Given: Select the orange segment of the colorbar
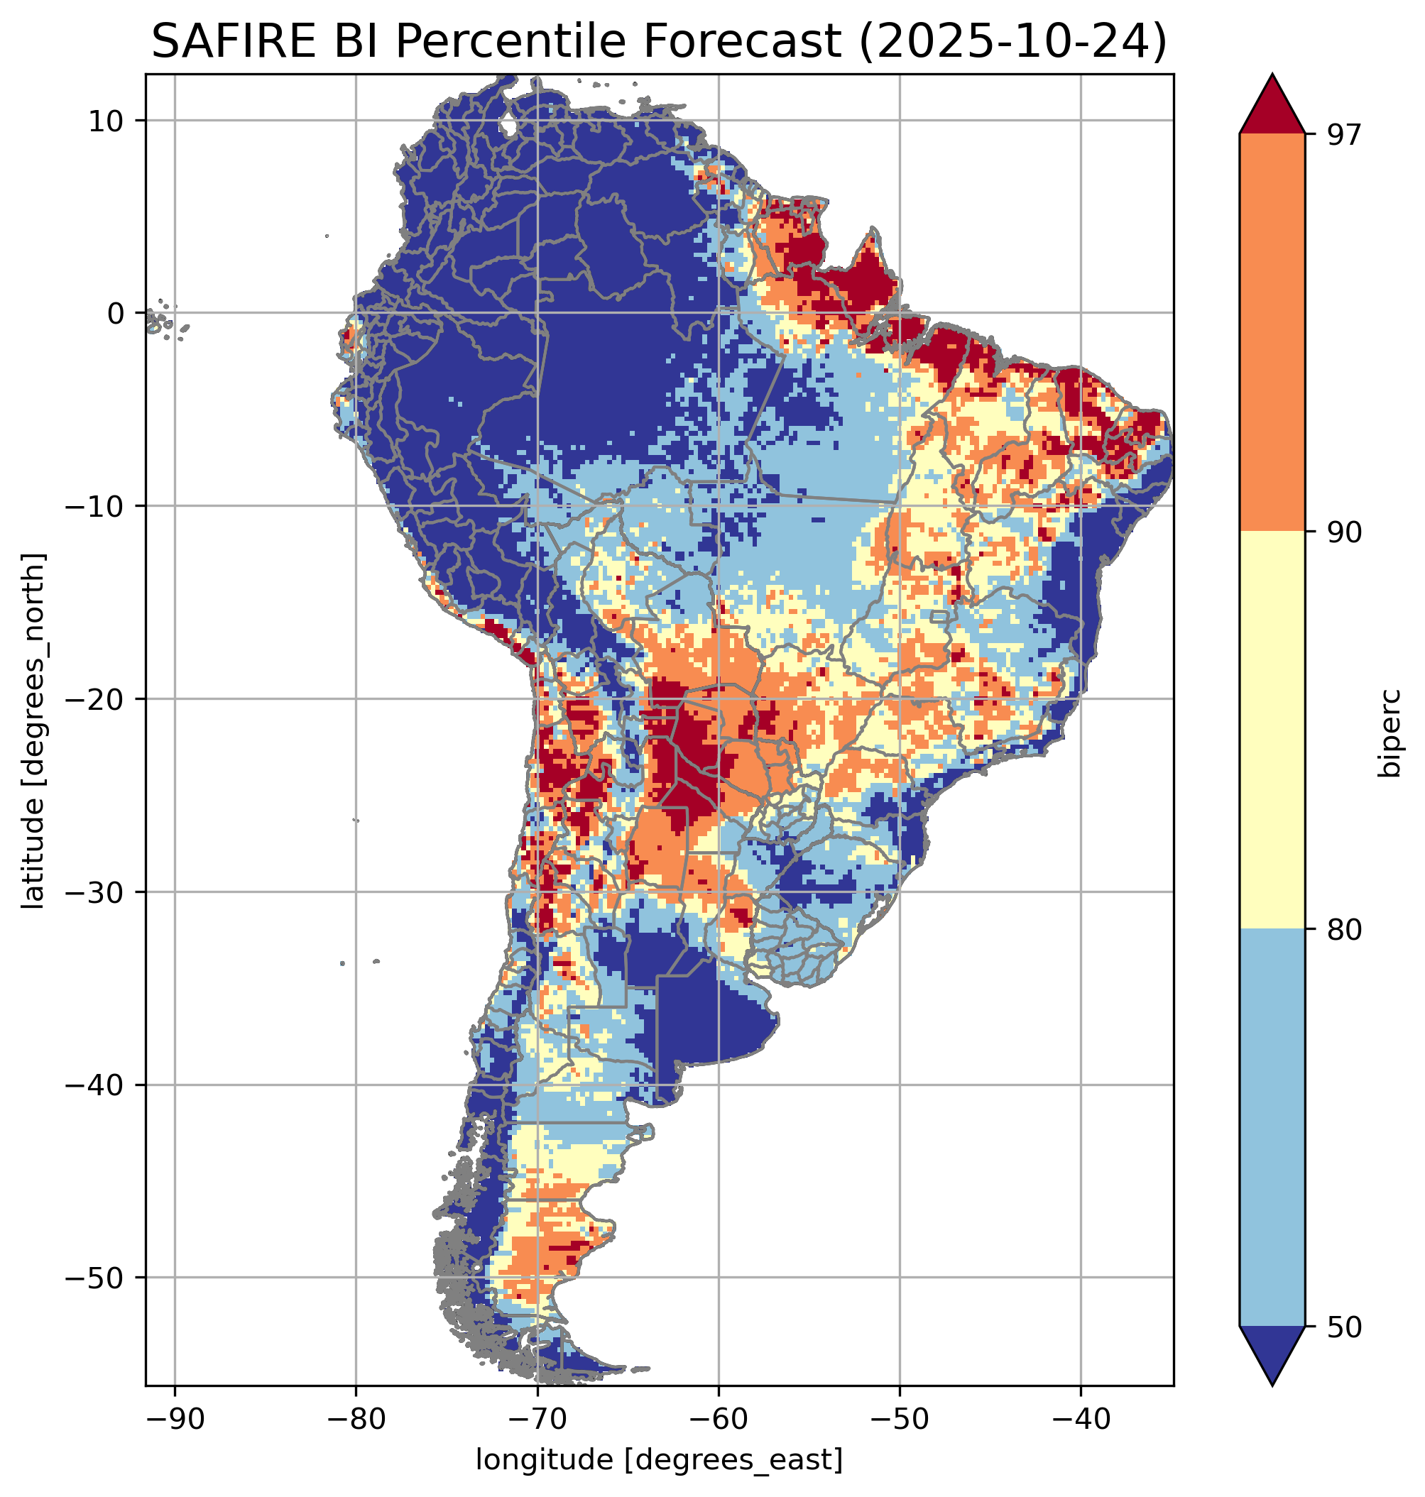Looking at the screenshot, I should (1272, 333).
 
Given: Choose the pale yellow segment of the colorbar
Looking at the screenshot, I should (1272, 729).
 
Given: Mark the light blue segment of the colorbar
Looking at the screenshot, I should (1272, 1128).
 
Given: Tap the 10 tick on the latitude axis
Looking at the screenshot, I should (106, 121).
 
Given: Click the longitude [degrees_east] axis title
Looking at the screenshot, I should (659, 1459).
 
